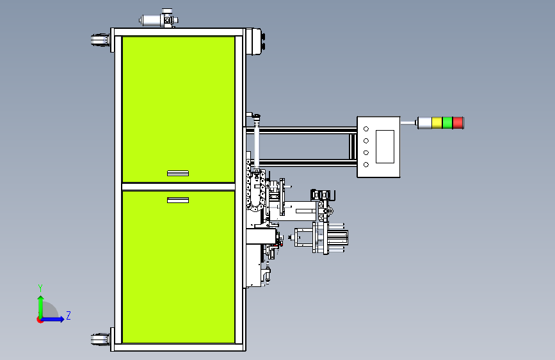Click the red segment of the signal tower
click(x=458, y=123)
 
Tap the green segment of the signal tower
click(x=447, y=123)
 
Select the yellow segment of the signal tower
click(x=437, y=123)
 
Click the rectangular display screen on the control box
click(x=385, y=147)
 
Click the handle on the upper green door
click(x=178, y=173)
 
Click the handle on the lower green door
click(x=178, y=200)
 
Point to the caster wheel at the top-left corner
click(x=100, y=40)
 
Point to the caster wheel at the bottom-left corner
click(x=100, y=339)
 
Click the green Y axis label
click(x=40, y=288)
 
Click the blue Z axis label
click(x=68, y=315)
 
